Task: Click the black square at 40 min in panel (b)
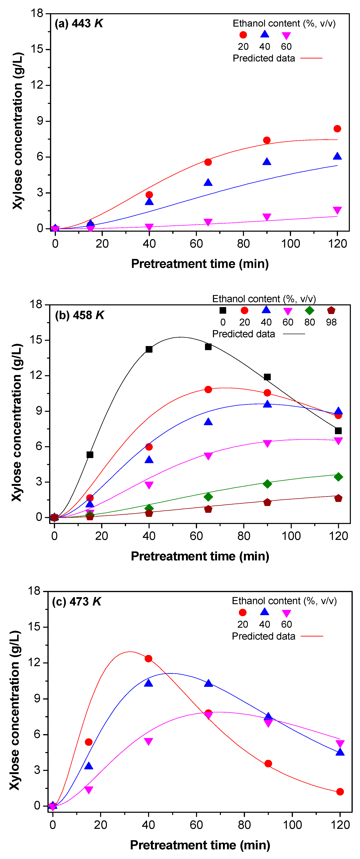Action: (x=149, y=349)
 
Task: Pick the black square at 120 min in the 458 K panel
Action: (x=338, y=430)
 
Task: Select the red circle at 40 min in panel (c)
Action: (x=149, y=658)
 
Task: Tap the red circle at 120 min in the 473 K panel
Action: (x=340, y=792)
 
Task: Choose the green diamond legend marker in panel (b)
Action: (x=309, y=310)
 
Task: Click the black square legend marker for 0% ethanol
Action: (x=223, y=310)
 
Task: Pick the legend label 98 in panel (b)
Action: (x=331, y=322)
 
